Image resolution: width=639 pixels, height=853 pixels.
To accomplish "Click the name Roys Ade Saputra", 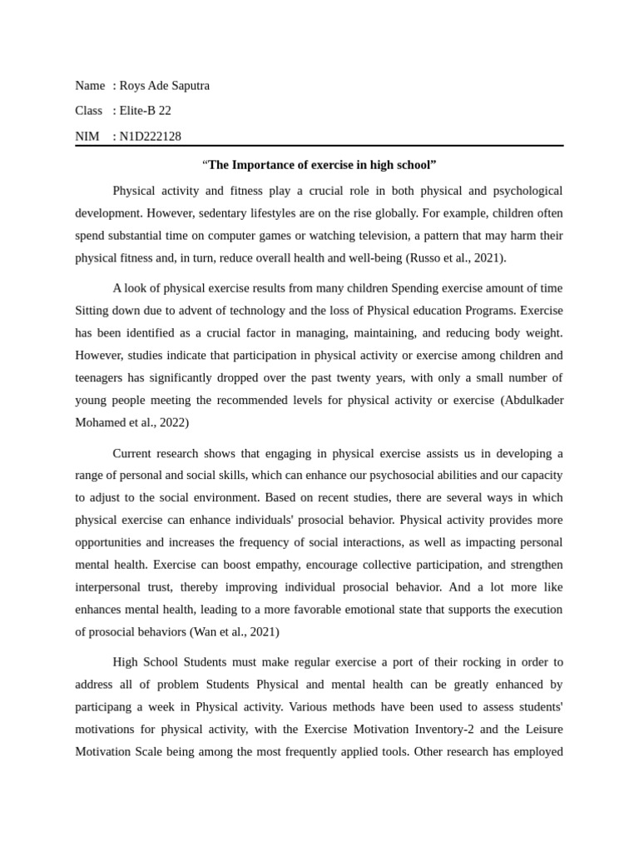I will click(x=164, y=85).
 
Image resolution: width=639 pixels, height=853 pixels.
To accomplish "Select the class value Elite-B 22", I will click(x=145, y=110).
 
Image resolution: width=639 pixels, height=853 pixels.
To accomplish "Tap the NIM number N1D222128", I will click(x=150, y=136).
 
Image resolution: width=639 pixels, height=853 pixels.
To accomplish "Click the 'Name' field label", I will click(x=90, y=85).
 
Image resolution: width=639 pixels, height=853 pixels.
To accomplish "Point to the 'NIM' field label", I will click(x=87, y=136).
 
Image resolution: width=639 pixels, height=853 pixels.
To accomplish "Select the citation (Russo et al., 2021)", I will click(x=456, y=257).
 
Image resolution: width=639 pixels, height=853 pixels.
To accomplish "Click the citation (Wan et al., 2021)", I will click(x=235, y=631).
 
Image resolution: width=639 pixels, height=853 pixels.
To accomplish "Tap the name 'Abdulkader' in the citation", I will click(x=532, y=400).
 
